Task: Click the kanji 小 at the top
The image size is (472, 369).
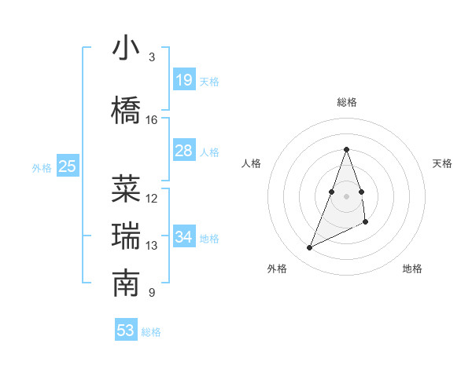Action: point(126,48)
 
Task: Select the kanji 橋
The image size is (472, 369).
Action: point(126,111)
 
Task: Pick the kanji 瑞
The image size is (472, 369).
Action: point(126,236)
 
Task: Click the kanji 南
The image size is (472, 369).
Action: point(126,284)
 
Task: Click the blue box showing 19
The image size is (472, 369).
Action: point(184,79)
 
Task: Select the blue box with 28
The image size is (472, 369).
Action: point(184,151)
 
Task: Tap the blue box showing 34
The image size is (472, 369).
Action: point(184,237)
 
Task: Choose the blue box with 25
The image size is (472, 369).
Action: point(68,166)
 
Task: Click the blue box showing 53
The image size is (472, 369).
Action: point(126,331)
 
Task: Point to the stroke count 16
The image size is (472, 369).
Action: point(152,120)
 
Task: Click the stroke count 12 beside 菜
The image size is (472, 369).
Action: point(152,199)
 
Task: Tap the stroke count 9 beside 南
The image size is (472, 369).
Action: point(151,294)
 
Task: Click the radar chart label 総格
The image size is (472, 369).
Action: point(346,102)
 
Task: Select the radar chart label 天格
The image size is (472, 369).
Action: point(442,163)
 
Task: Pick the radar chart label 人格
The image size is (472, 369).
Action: point(252,163)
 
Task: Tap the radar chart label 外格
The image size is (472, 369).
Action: point(277,269)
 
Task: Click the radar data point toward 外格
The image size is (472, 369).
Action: point(310,248)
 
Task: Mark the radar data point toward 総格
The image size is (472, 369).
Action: point(346,149)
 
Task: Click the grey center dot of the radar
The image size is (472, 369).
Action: point(346,195)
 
